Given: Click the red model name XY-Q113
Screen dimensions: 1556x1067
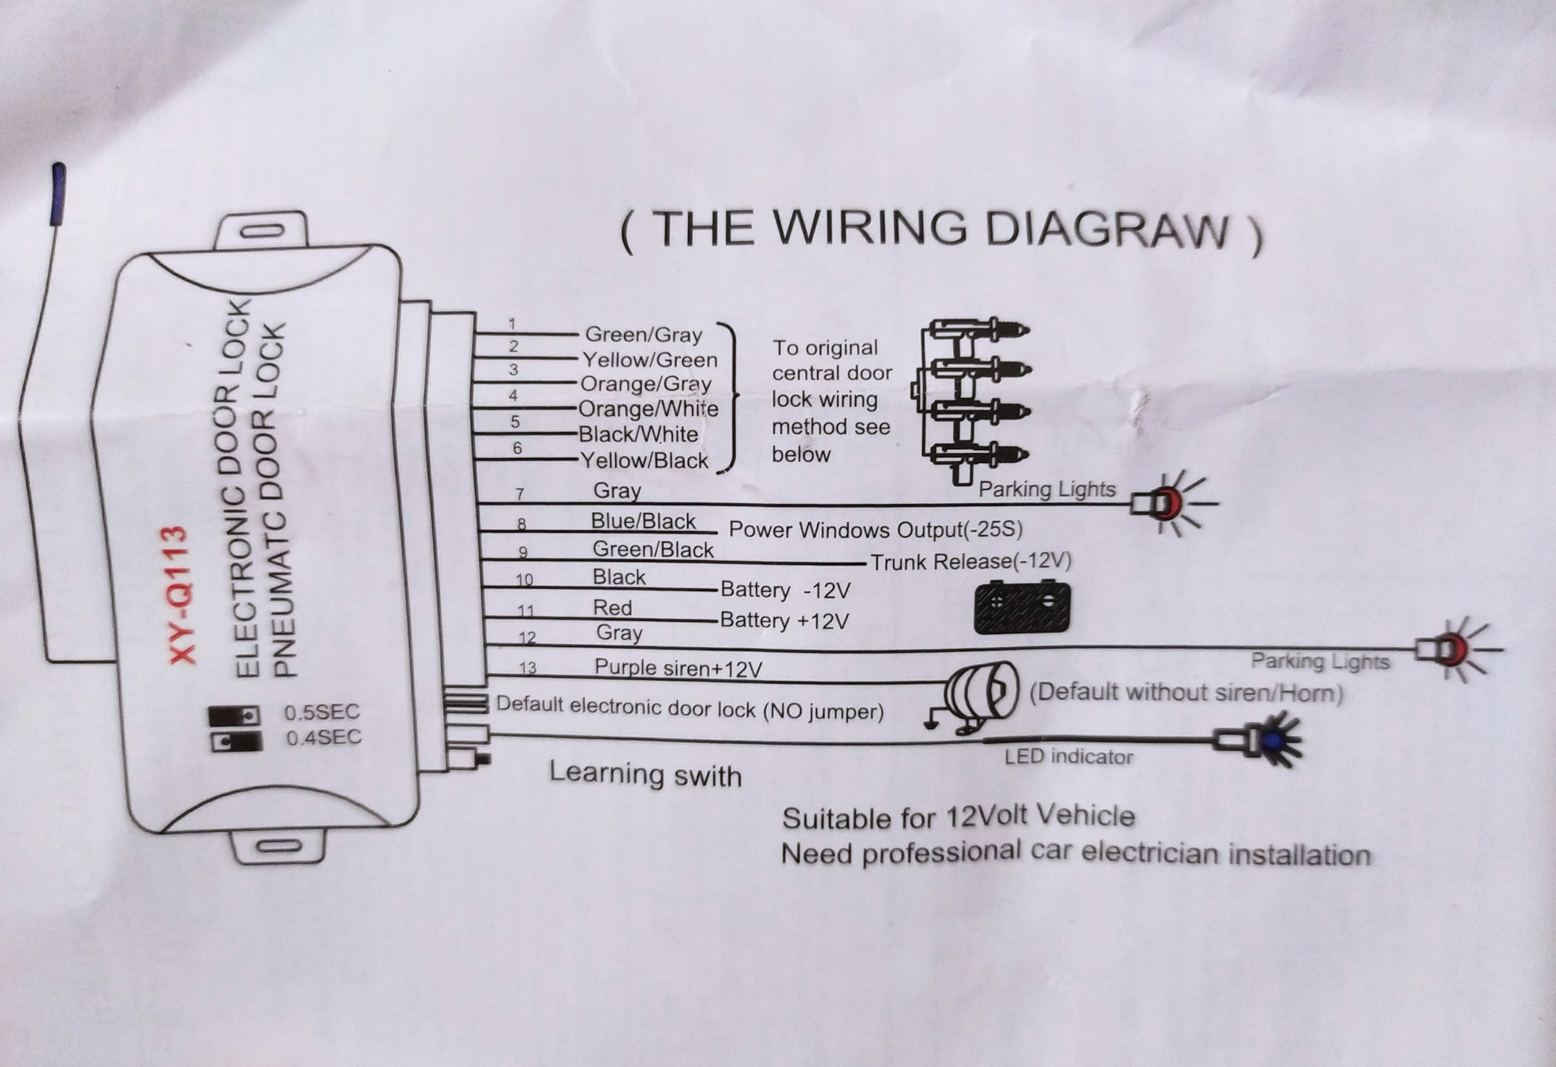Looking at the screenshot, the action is click(181, 596).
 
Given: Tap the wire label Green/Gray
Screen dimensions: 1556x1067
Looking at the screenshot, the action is click(643, 334).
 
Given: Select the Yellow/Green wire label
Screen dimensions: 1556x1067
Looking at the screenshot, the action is click(650, 359).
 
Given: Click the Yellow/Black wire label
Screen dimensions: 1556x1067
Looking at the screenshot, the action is click(644, 461).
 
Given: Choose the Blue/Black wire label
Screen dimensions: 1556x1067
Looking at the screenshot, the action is click(643, 521).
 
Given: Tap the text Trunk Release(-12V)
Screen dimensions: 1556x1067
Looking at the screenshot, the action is click(971, 561).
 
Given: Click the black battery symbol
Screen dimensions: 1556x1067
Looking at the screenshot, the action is click(1021, 606).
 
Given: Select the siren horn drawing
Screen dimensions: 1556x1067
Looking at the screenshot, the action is click(972, 696).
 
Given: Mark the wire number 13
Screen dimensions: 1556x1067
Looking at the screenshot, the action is click(528, 668).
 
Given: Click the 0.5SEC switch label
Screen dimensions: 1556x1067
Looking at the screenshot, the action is click(322, 712).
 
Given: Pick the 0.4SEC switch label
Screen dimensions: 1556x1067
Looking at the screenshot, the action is click(324, 738).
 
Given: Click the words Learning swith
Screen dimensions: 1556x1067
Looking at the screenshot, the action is click(646, 774).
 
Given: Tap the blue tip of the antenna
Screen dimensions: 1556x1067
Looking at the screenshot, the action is click(58, 195).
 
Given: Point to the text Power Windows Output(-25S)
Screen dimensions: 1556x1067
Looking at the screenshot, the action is click(876, 529).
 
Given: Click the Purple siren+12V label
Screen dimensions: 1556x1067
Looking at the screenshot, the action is click(678, 668).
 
